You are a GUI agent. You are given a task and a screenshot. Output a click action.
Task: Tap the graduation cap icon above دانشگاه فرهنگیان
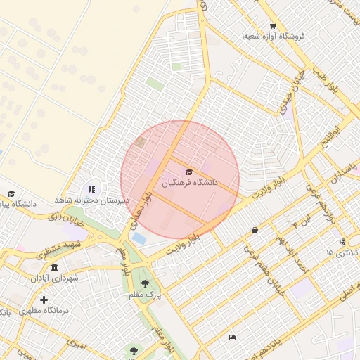click(x=188, y=172)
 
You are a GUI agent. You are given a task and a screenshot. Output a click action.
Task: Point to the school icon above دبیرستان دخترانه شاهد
click(x=91, y=189)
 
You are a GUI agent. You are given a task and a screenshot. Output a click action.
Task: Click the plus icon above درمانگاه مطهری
click(x=44, y=300)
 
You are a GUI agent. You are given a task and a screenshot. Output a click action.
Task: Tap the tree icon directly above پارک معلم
click(x=145, y=283)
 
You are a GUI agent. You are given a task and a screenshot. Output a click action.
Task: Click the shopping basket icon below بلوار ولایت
click(x=255, y=230)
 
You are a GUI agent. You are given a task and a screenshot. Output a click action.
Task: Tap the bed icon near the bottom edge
click(x=233, y=337)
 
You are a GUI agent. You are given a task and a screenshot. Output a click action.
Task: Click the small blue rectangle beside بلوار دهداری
click(x=139, y=238)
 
